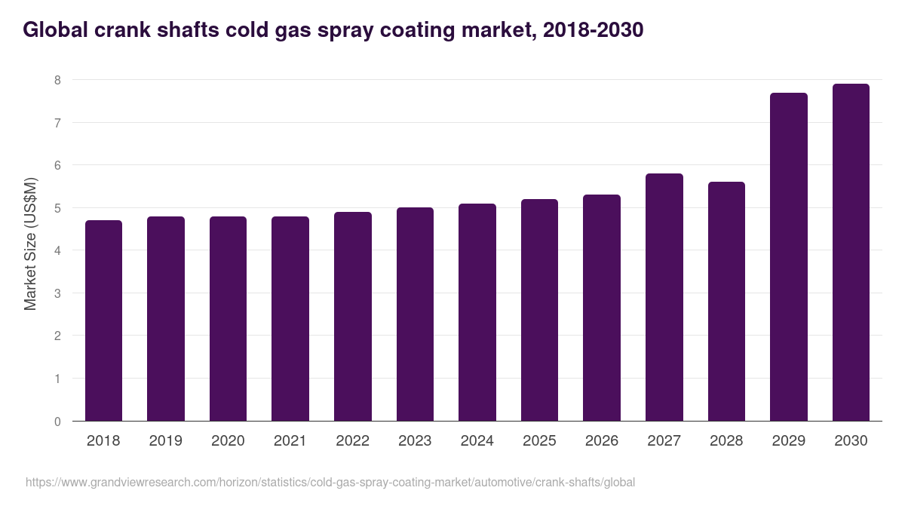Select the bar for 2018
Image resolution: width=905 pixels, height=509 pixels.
click(103, 320)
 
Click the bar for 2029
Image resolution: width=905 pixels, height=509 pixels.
click(789, 256)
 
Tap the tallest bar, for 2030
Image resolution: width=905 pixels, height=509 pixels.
click(851, 253)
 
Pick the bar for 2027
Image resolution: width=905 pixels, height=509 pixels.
click(664, 297)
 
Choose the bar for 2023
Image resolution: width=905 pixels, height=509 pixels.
click(415, 314)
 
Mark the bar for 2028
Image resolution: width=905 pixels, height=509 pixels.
click(726, 301)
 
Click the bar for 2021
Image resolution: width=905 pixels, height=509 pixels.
click(290, 318)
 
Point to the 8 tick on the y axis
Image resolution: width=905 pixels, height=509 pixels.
click(57, 80)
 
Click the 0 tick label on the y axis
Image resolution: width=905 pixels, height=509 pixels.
click(57, 422)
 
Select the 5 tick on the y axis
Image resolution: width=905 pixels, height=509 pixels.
click(57, 208)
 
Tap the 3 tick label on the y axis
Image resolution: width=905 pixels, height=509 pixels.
click(57, 293)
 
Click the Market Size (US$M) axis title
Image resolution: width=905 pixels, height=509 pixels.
click(30, 244)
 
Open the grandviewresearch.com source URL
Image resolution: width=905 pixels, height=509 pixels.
click(330, 482)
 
